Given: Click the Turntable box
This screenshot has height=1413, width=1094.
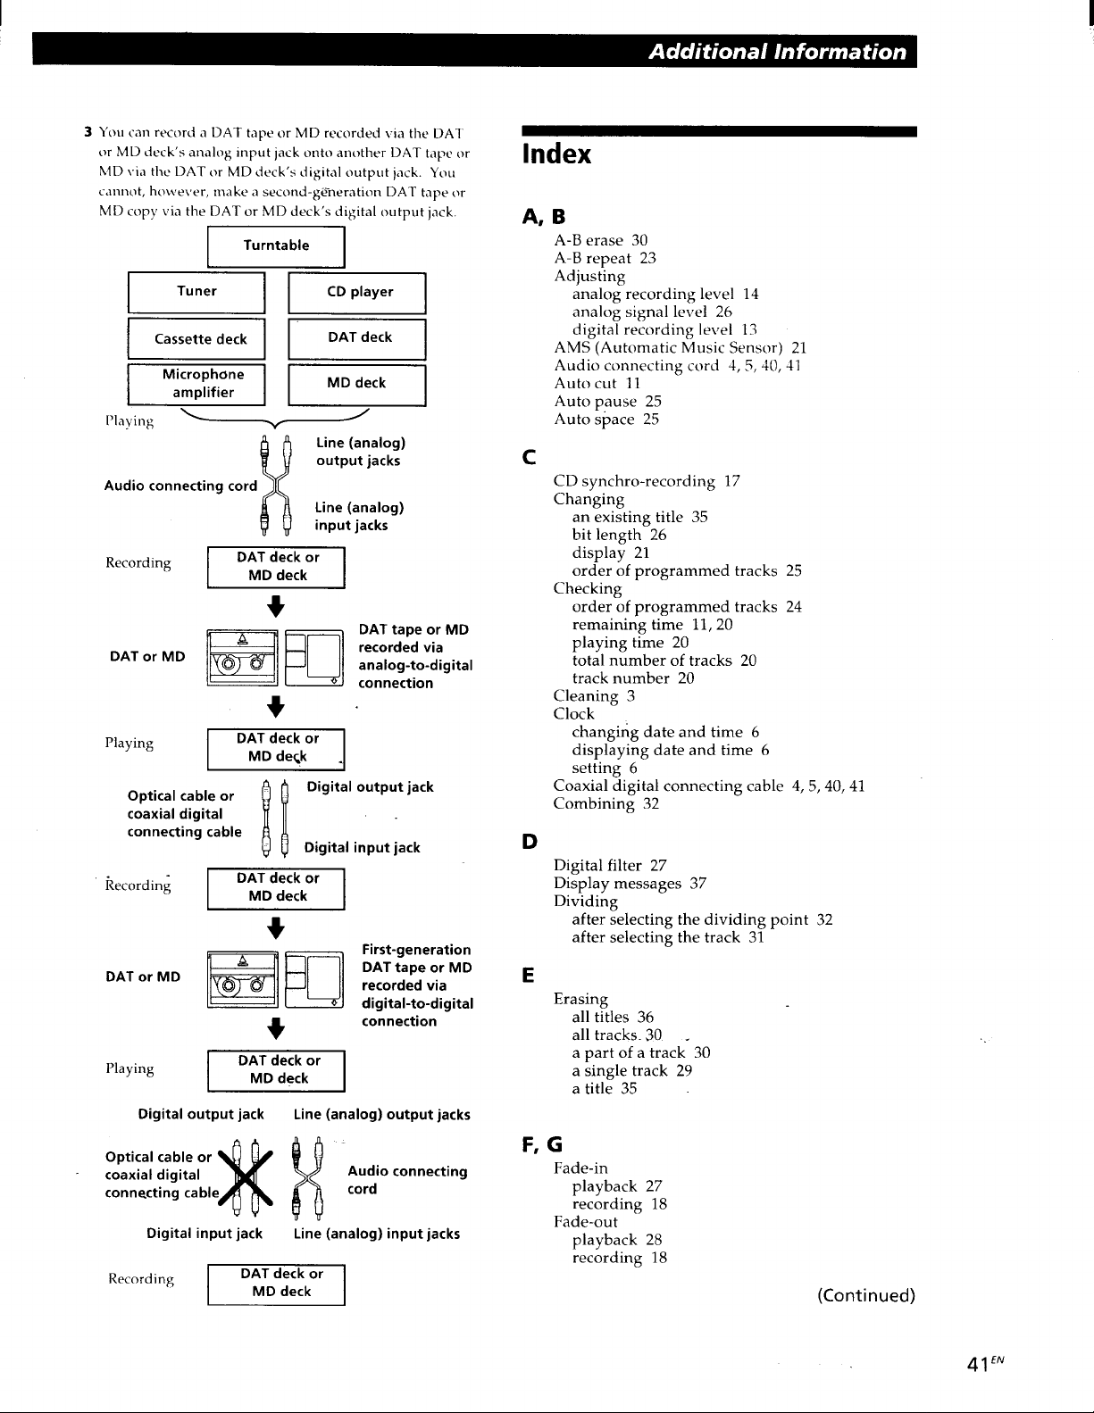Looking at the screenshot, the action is [276, 246].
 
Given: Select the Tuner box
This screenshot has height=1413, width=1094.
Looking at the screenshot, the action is [196, 293].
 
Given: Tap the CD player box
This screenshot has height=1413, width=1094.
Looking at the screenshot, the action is [357, 293].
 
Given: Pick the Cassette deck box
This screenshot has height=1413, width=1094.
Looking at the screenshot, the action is [196, 339].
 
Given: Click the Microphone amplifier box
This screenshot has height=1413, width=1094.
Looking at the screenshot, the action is [196, 385].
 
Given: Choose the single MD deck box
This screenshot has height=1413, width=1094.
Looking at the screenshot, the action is [357, 385].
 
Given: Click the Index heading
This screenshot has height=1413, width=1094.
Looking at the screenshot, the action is [556, 154].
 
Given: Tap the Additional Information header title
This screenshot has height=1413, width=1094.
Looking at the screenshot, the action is [777, 52].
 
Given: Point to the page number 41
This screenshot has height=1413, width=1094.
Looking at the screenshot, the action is [978, 1364].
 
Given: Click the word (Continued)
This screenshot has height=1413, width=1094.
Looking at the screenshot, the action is [866, 1295].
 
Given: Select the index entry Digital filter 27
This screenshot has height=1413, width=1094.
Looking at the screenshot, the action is [610, 866].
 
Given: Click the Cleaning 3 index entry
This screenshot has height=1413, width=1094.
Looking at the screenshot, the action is [594, 696].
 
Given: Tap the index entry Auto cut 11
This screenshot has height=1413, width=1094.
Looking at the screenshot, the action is [597, 384].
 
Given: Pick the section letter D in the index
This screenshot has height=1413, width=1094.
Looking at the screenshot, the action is [530, 842].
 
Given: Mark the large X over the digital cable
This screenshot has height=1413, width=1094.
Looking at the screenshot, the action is [246, 1177].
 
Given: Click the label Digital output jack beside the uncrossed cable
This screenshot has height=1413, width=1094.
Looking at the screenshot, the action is [370, 786].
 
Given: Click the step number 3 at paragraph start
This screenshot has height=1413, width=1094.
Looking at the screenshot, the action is [88, 133].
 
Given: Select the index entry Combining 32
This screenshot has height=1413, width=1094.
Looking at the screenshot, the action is [606, 803].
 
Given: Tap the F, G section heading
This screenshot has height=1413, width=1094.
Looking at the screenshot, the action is [542, 1144].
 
